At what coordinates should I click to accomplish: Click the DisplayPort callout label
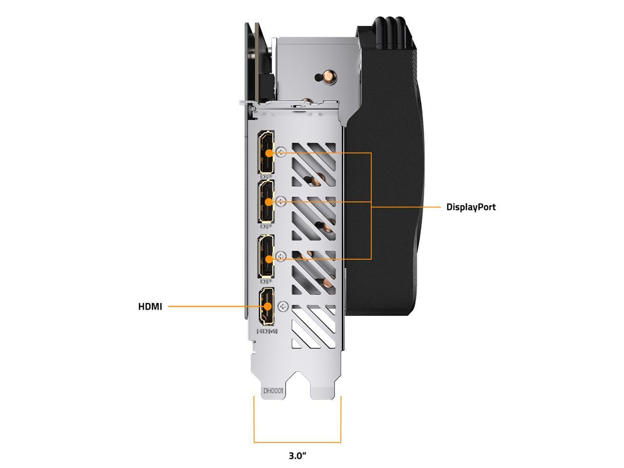[471, 207]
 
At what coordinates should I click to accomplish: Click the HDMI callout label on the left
[150, 307]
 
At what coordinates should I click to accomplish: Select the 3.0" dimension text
[297, 456]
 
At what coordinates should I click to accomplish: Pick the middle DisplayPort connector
[266, 201]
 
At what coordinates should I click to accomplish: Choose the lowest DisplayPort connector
[266, 256]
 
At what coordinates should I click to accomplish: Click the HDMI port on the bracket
[267, 306]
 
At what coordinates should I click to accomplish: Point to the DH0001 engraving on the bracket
[273, 390]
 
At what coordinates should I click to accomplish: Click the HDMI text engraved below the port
[267, 331]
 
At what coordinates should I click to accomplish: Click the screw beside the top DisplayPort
[280, 152]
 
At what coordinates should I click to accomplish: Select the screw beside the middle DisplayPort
[280, 201]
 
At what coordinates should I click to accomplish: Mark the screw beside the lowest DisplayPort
[280, 256]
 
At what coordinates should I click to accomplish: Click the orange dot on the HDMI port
[268, 307]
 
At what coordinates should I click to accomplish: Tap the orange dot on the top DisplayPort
[268, 153]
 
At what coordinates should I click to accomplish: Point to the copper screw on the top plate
[319, 77]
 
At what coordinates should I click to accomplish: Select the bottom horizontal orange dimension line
[297, 442]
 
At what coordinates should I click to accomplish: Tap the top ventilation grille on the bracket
[313, 164]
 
